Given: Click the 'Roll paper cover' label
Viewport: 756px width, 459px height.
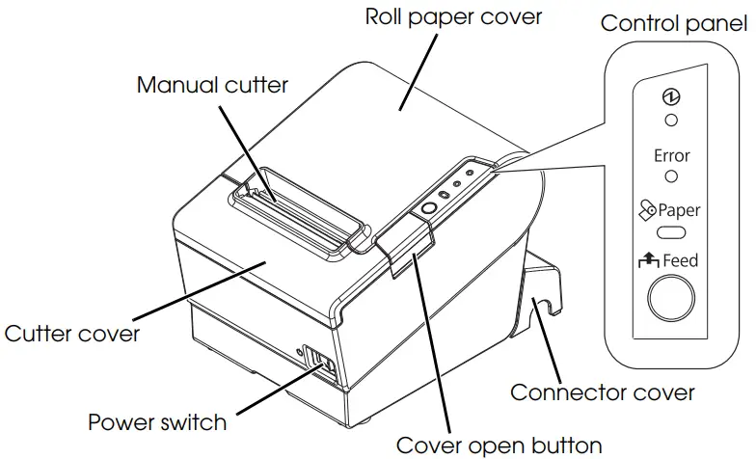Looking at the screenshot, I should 454,16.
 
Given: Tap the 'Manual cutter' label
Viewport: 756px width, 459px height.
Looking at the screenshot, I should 212,85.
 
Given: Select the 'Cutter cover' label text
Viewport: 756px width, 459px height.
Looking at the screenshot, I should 72,334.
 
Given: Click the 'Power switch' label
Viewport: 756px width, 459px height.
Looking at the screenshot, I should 157,422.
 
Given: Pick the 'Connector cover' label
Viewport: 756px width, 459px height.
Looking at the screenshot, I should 603,392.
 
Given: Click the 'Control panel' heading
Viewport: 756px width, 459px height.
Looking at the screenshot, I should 674,23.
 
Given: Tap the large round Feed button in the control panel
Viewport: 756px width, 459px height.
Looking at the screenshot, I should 671,298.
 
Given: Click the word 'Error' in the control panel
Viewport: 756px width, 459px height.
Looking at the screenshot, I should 671,155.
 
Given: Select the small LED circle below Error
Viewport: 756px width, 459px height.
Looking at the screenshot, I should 671,176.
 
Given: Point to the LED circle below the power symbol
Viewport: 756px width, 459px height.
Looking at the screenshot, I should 671,120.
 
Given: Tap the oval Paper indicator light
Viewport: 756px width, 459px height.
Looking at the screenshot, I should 671,232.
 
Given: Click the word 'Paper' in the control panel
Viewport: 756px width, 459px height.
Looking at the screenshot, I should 680,209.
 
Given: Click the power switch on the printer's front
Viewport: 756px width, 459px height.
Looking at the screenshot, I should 322,364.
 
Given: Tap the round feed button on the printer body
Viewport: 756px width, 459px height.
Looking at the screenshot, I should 428,208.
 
